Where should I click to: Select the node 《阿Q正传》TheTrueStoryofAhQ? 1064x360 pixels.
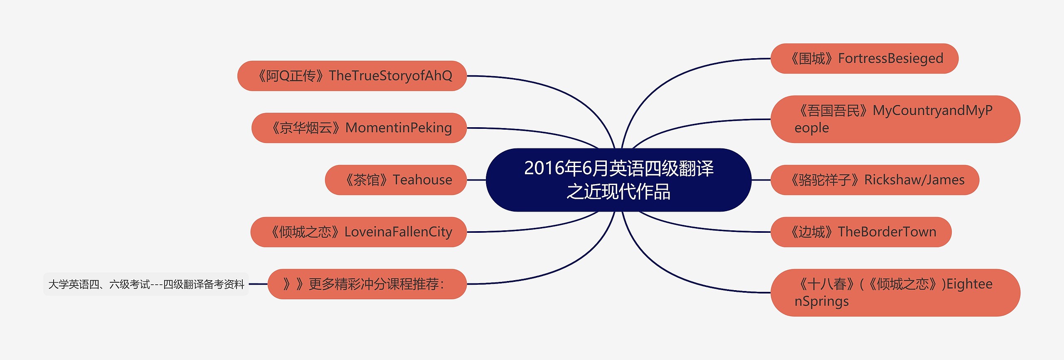point(352,76)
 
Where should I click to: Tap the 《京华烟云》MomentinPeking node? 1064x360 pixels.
point(359,128)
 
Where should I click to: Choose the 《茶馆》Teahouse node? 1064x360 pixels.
point(396,180)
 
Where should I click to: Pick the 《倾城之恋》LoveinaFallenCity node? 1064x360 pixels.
point(358,232)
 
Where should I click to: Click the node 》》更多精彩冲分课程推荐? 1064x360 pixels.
point(367,284)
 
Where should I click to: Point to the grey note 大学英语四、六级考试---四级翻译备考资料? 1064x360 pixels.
point(146,284)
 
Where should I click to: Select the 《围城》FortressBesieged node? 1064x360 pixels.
point(864,59)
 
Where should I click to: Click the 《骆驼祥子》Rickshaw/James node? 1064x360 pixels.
point(875,180)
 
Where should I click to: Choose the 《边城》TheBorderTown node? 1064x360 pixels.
point(861,232)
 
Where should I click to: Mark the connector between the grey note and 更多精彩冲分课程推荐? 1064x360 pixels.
point(258,284)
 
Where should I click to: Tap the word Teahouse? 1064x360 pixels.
point(422,180)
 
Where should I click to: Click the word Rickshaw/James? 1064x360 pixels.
point(914,180)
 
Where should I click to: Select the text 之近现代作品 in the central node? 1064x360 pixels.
point(618,192)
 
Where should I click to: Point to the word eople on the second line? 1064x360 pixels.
point(811,128)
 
